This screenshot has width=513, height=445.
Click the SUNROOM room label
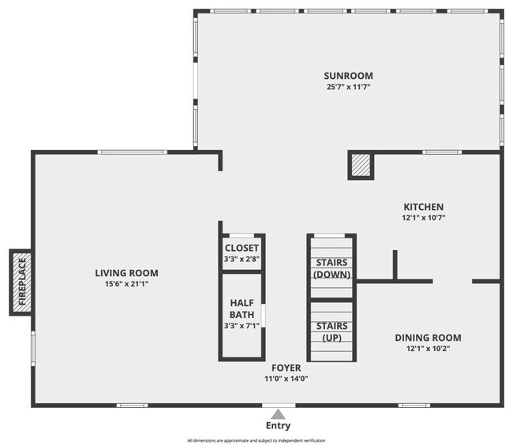pos(347,76)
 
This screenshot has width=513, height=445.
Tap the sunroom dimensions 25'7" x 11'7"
pos(347,86)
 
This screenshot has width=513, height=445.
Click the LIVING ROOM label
pos(122,273)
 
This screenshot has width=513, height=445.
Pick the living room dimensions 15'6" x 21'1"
pos(122,283)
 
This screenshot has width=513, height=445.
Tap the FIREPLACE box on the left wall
pos(21,282)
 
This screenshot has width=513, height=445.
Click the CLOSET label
pos(242,248)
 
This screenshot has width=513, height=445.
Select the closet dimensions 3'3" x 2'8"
pos(242,258)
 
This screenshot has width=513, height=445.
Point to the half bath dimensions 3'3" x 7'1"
pos(242,325)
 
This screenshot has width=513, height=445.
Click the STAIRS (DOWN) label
pos(331,268)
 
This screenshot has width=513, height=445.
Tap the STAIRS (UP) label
pos(331,331)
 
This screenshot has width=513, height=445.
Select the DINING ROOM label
pos(428,338)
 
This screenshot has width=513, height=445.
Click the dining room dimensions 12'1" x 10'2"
pos(428,348)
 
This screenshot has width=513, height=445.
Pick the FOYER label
pos(286,368)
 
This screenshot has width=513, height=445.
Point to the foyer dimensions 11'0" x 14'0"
pos(286,378)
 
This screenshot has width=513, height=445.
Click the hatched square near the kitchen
pos(361,165)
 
